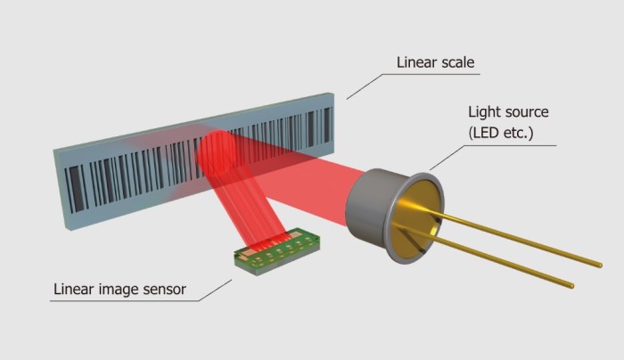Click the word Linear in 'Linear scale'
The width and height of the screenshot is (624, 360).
(416, 62)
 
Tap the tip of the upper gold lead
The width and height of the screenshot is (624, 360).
(599, 265)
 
